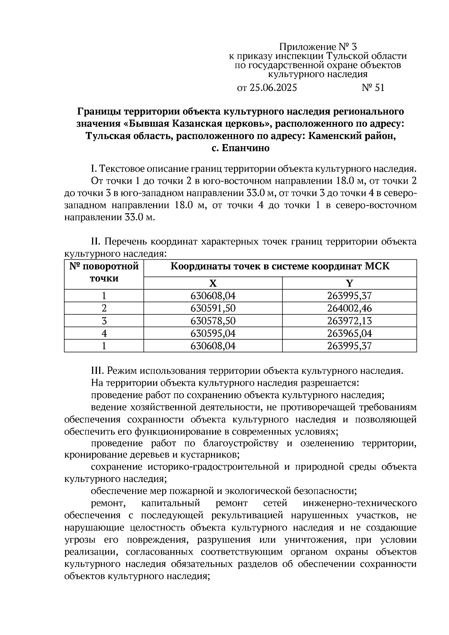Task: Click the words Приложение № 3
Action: click(x=318, y=47)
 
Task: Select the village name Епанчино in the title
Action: click(x=245, y=148)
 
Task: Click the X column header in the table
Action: click(x=213, y=283)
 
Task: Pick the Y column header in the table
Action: click(x=349, y=283)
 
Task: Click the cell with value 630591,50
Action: click(x=213, y=308)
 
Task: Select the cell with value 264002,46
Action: click(x=349, y=308)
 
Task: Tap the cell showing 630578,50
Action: click(x=213, y=321)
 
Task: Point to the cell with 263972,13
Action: click(x=349, y=321)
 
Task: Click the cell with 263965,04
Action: click(x=349, y=333)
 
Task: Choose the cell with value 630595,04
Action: click(x=213, y=333)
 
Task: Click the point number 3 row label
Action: click(x=104, y=321)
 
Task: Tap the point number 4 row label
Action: click(x=104, y=333)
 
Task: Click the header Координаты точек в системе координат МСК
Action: click(x=280, y=267)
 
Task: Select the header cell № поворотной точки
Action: click(x=104, y=272)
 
